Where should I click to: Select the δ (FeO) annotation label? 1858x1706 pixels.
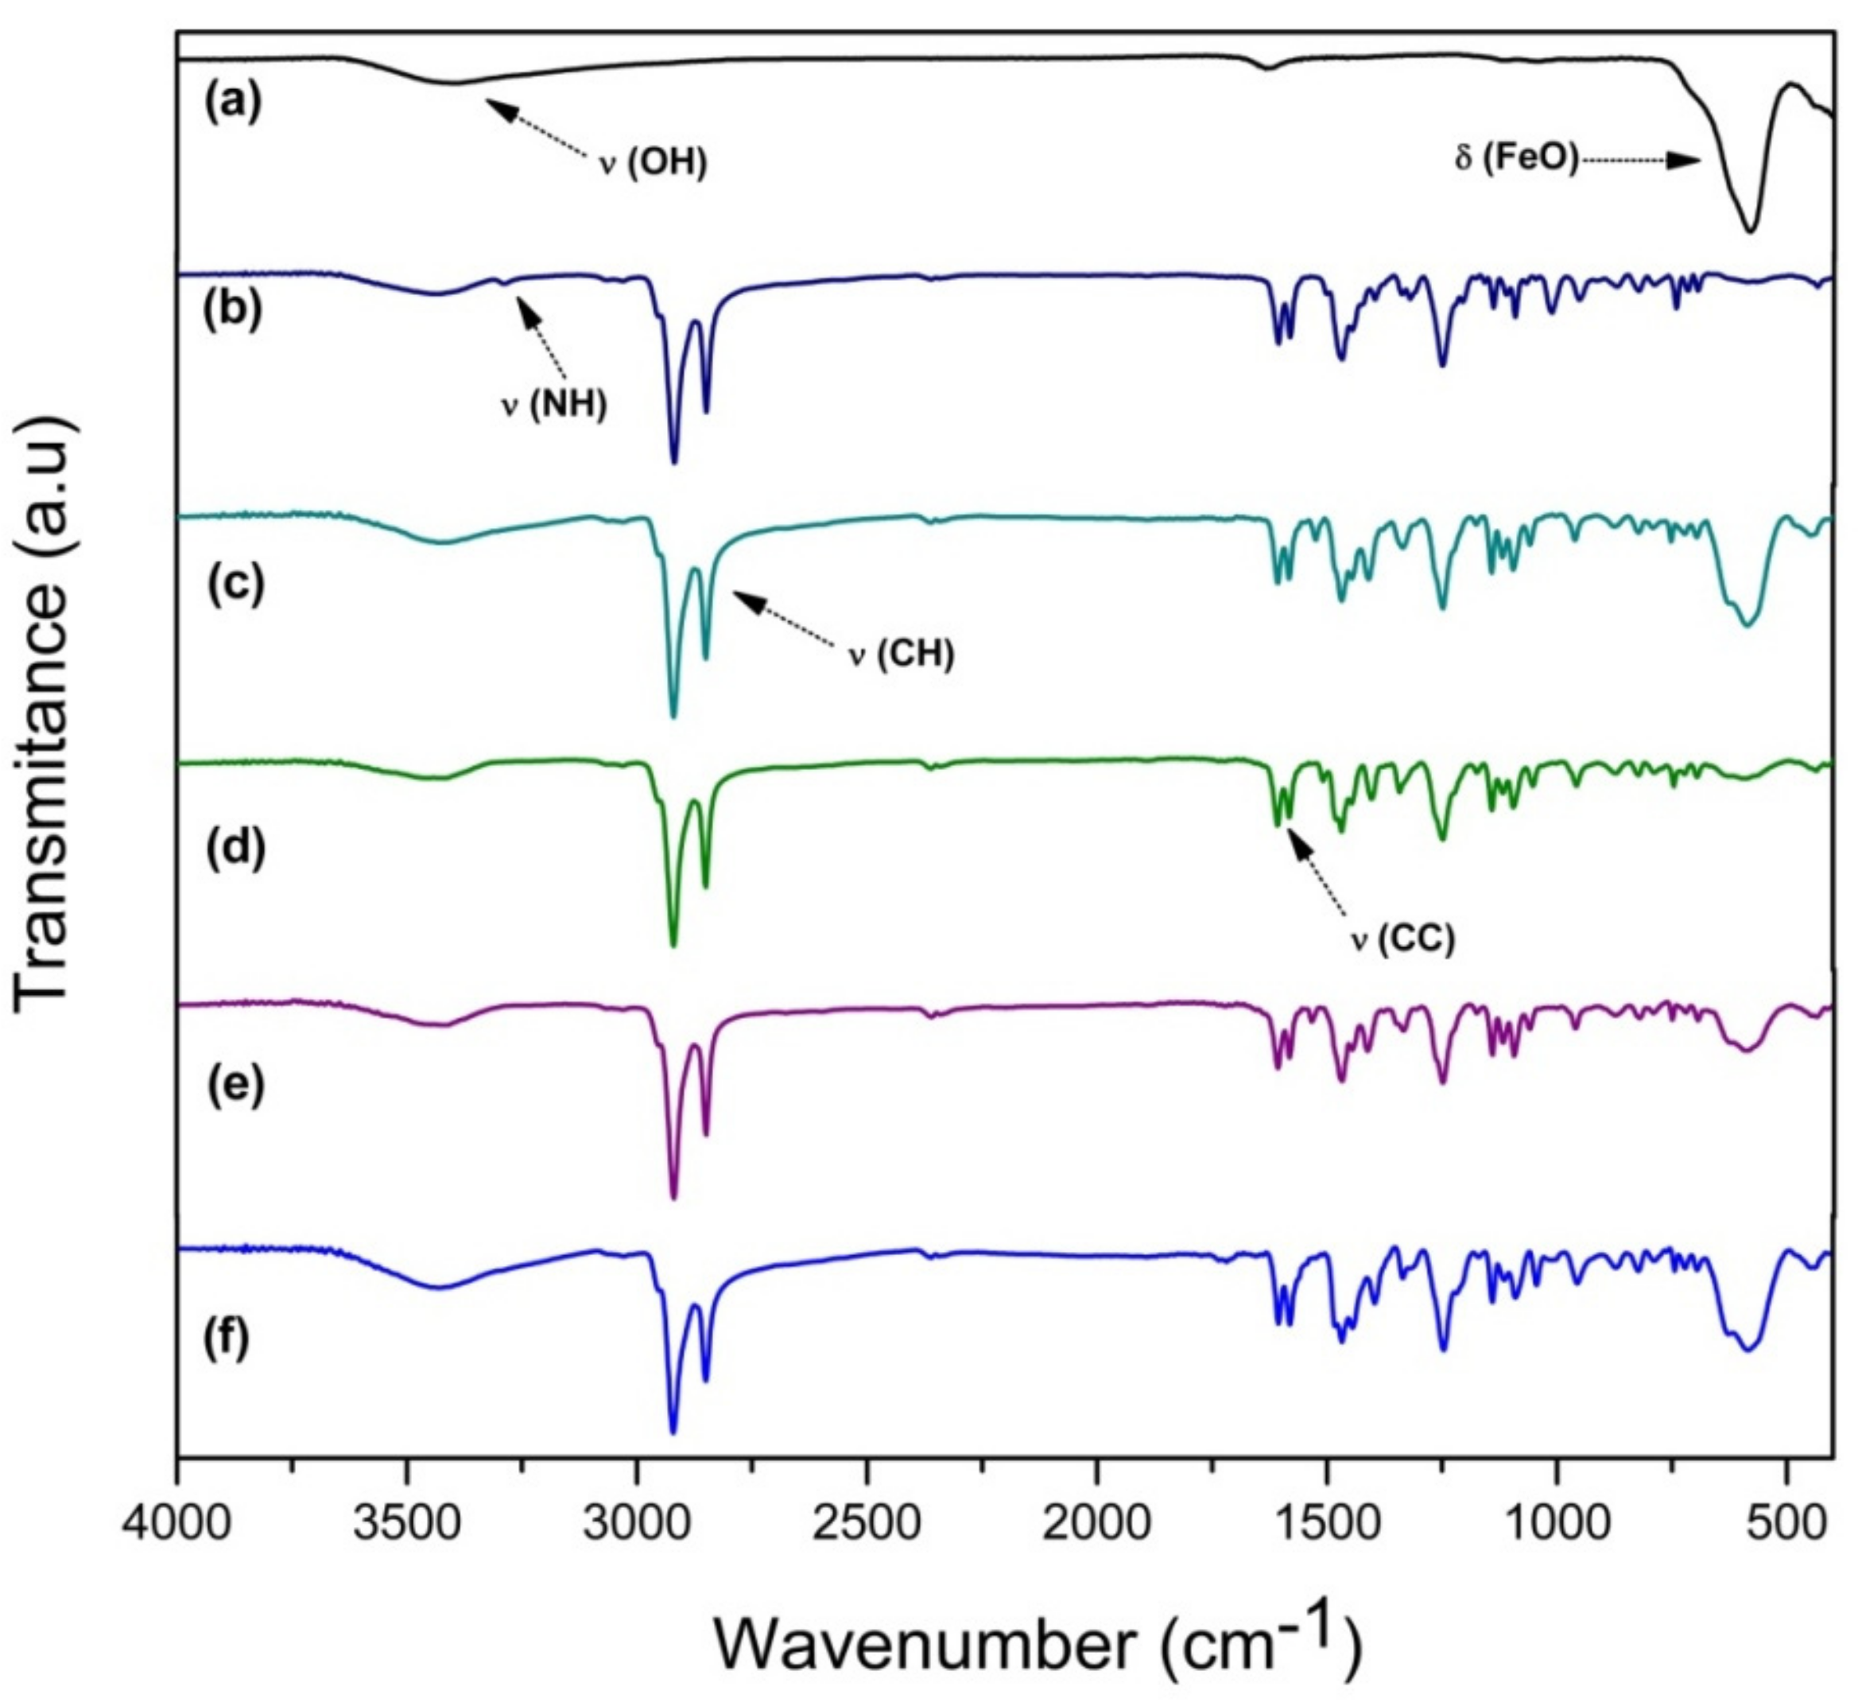click(x=1516, y=159)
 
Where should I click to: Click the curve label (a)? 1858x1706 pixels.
click(x=234, y=103)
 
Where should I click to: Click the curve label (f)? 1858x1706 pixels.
click(x=226, y=1339)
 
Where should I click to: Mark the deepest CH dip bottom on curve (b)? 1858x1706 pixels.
click(x=673, y=461)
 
